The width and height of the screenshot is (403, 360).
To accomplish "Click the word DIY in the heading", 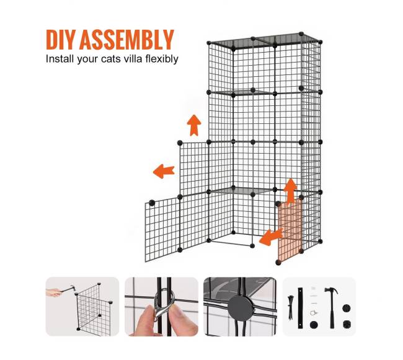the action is coord(61,40).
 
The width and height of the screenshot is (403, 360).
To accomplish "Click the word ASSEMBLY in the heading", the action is coord(126,40).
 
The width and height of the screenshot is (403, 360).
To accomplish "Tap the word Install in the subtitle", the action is coord(60,59).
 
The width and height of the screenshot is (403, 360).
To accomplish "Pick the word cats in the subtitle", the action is coord(111,59).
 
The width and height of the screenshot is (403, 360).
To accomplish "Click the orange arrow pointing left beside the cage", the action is coord(164,171).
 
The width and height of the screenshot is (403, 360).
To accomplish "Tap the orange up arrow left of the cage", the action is coord(194,125).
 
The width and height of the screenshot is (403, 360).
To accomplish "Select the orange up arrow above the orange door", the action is coord(290,191).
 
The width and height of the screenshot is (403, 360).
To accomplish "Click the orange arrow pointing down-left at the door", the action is coord(271,237).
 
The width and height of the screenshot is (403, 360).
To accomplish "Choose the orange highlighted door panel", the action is coord(290,229).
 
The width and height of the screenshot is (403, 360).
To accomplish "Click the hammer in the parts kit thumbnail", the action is coord(331,307).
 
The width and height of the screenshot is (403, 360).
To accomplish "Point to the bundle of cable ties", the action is coord(290,307).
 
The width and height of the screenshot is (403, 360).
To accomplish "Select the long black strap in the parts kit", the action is coord(300,308).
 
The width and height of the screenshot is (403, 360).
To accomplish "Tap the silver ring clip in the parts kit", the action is coord(313,313).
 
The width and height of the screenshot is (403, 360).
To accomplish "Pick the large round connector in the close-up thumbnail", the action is coord(241,305).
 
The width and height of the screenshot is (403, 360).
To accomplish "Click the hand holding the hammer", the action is coord(54,292).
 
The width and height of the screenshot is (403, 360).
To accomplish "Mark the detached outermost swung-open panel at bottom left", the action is coord(162,230).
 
